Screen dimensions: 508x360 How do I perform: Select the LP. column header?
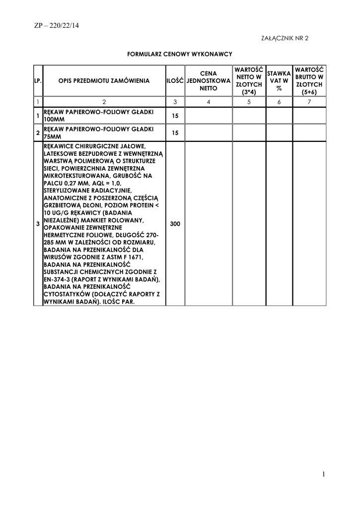pos(38,80)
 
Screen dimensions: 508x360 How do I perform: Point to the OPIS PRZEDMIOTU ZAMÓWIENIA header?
pos(104,80)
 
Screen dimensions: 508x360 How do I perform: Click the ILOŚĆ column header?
pos(175,80)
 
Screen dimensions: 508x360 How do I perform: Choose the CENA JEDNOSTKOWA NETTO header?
pos(209,80)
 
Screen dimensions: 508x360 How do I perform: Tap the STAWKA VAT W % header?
pos(279,80)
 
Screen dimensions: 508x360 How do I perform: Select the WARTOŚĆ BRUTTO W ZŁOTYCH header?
pos(309,80)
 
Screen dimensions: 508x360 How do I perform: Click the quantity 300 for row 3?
pos(175,224)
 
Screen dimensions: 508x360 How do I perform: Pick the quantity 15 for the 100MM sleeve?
pos(175,116)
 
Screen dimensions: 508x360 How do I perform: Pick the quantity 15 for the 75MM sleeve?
pos(175,133)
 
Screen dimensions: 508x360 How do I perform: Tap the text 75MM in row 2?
pos(52,136)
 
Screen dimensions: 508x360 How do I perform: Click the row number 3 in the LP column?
pos(38,224)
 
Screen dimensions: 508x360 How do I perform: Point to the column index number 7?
pos(309,102)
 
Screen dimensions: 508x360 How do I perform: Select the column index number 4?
pos(209,102)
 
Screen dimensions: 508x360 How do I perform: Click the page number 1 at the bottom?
pos(323,475)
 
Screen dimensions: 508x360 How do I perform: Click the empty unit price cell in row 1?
pos(209,116)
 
